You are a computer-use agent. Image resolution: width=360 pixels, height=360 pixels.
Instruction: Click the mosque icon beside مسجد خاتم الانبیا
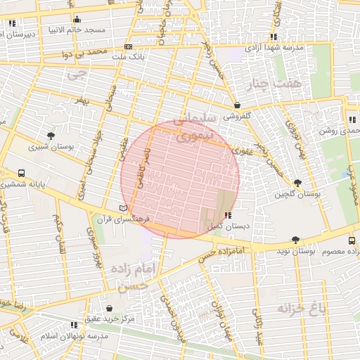(x=77, y=19)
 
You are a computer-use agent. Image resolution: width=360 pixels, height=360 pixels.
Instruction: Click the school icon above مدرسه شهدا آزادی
(x=274, y=37)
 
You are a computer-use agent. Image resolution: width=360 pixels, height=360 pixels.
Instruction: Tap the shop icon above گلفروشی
(x=237, y=105)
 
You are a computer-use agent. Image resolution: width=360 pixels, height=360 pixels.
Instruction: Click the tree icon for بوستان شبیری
(x=51, y=136)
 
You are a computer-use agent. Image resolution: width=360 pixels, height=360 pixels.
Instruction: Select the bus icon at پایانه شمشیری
(x=22, y=173)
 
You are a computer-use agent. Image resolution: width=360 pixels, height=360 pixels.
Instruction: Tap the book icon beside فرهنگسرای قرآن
(x=124, y=208)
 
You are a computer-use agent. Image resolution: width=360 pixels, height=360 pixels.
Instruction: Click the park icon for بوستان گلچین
(x=297, y=183)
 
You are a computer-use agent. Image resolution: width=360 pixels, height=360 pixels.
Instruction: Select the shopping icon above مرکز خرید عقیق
(x=109, y=308)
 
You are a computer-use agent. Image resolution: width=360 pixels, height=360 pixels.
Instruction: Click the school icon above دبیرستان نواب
(x=12, y=23)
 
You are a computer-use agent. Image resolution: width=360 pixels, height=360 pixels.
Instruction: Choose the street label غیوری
(x=240, y=150)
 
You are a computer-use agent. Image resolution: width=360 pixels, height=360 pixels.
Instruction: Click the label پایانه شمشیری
(x=22, y=185)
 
